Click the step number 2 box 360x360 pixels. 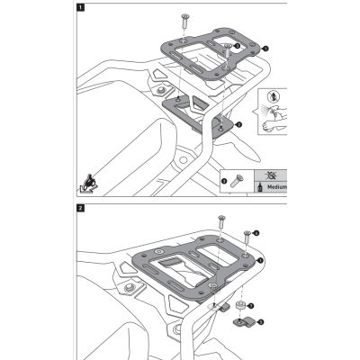coord(82,209)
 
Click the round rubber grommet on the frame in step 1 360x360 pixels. coord(162,90)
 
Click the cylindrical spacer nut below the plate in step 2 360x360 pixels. coord(242,307)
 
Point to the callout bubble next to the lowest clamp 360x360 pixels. coord(261,320)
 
